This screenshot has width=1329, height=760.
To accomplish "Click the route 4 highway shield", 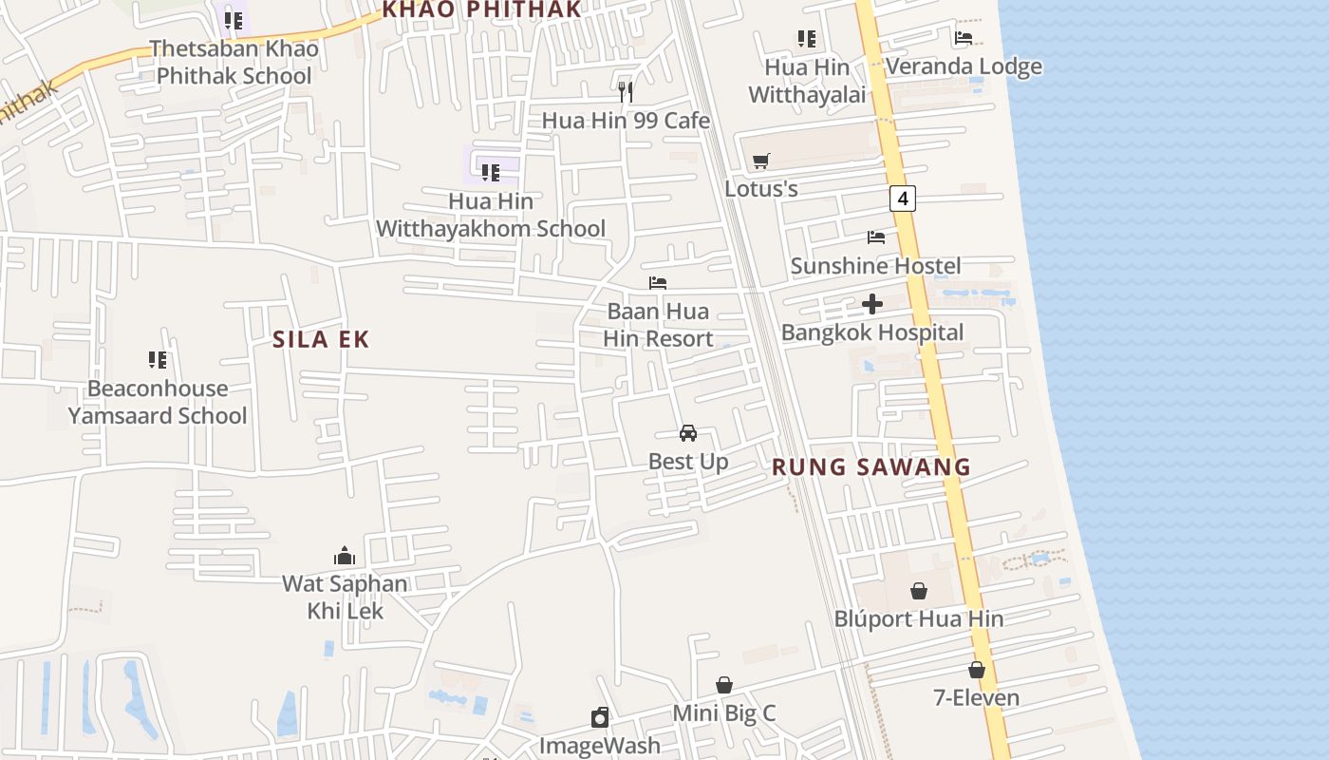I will pos(903,199).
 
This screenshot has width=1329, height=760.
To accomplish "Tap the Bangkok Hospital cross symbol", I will pos(872,304).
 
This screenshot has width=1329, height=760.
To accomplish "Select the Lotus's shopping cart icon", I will pos(760,161).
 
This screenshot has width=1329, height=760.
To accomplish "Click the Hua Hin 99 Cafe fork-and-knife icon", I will pos(626,91).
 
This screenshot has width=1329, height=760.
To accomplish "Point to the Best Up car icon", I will pos(688,433).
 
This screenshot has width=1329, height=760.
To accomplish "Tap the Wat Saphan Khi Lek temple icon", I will pos(345,555).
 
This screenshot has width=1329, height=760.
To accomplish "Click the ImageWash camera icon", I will pos(600,716).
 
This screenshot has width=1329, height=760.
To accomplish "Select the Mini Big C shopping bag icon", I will pos(724,685).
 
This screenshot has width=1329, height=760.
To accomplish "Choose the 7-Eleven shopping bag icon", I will pos(976,670).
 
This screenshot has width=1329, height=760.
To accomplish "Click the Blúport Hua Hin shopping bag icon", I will pos(919,591).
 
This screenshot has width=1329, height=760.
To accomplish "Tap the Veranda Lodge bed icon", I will pos(964,38).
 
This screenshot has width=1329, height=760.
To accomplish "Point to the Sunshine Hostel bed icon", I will pos(875,237).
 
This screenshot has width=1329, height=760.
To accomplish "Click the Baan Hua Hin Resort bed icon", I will pos(658,283).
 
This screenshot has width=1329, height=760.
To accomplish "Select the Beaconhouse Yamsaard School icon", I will pos(158,360).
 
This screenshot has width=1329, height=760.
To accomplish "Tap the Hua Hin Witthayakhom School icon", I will pos(490,173).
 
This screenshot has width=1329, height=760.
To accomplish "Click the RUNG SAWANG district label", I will pos(871,466).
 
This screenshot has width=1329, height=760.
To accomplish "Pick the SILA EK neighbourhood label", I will pos(321,339).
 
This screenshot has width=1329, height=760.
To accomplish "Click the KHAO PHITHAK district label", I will pos(480,9).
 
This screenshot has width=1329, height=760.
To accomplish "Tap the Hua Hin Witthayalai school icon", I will pos(807,38).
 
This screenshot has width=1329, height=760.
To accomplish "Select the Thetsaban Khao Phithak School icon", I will pos(234,19).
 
